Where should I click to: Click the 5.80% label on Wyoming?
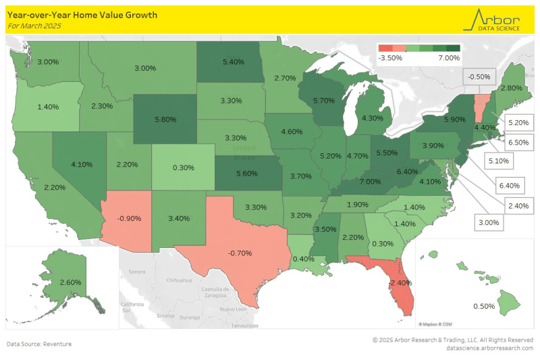(x=165, y=119)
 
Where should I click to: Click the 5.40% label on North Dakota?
(x=232, y=61)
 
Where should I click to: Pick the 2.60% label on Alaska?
(x=70, y=282)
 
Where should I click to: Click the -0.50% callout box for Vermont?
(x=479, y=77)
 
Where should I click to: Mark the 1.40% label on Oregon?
(x=47, y=107)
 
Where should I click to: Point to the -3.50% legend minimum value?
(x=391, y=58)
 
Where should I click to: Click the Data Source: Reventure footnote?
(x=39, y=344)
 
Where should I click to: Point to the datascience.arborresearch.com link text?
(x=490, y=348)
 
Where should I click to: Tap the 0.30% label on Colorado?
(x=184, y=167)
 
